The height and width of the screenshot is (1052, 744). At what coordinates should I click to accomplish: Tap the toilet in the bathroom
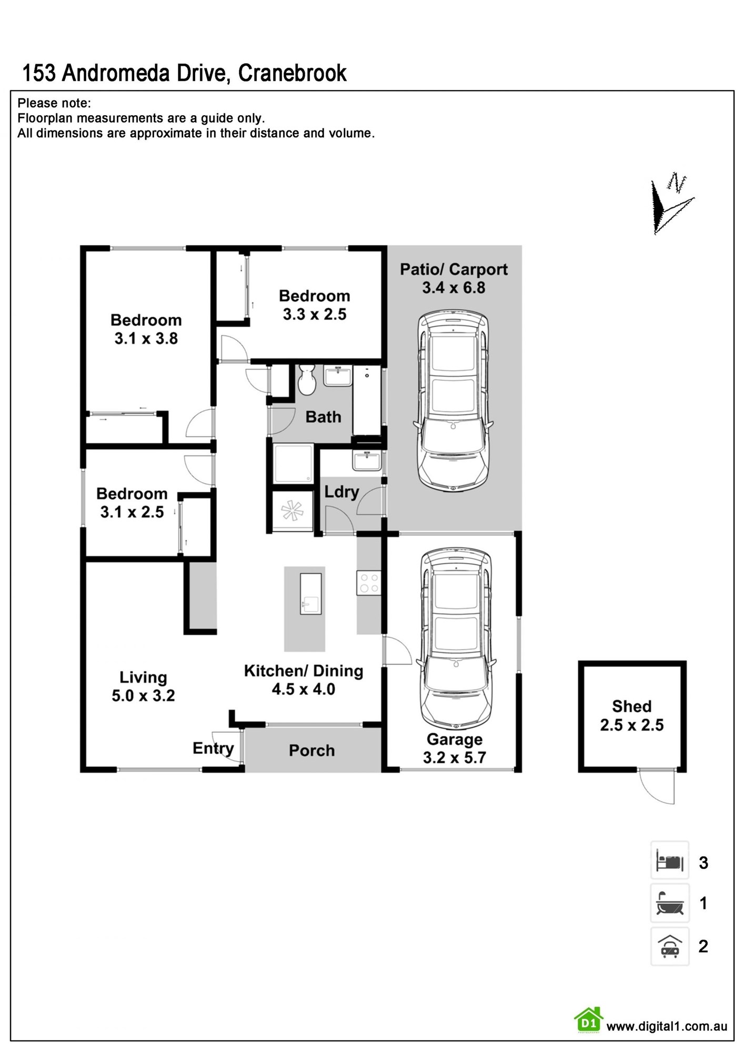coord(306,380)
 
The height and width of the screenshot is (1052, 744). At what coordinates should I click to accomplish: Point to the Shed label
coord(631,706)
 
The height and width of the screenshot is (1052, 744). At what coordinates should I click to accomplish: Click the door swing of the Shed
coord(658,787)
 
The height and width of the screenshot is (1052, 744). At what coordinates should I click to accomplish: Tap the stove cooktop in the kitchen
coord(369,583)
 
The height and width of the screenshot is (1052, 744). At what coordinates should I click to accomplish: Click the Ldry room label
coord(341,492)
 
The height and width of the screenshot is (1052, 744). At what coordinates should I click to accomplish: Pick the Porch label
coord(311,750)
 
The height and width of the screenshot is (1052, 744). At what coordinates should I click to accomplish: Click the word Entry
coord(213,748)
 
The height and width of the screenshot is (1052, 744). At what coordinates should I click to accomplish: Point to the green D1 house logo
coord(588,1020)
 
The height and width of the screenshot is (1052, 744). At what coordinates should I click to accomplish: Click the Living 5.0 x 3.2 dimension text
coord(143,695)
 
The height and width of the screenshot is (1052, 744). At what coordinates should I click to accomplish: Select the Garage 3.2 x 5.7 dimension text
coord(455,757)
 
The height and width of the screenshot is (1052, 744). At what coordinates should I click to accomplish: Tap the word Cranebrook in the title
coord(293,73)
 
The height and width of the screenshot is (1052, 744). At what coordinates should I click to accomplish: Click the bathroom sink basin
coord(337,377)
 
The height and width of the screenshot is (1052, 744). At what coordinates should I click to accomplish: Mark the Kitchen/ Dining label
coord(304,671)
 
